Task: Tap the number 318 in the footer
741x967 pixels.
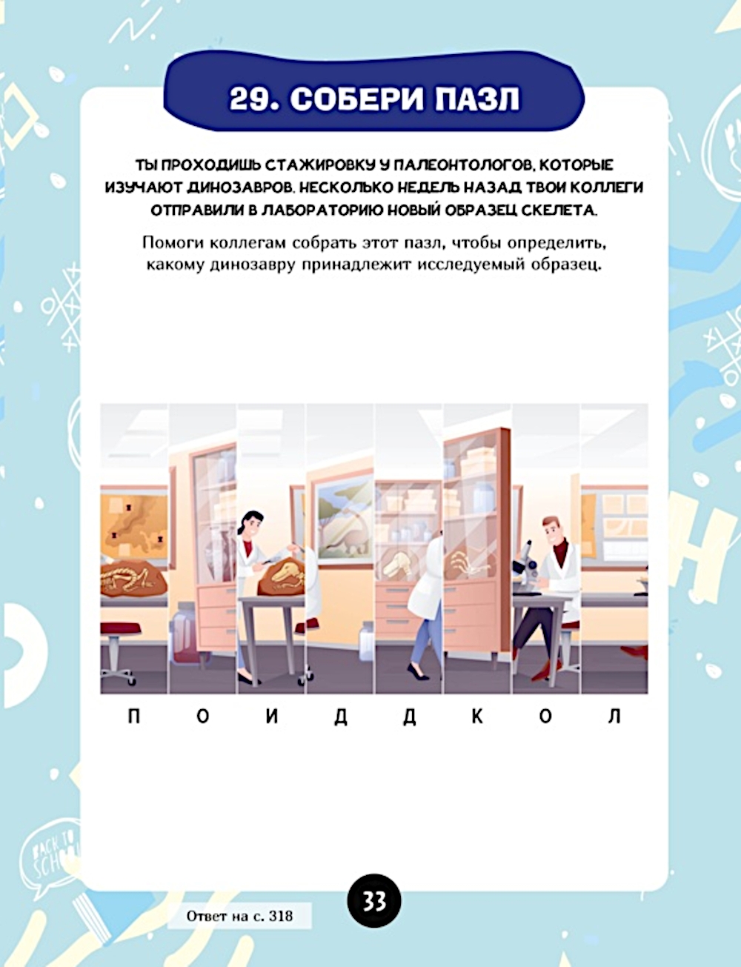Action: (281, 917)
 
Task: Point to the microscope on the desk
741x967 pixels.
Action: (525, 565)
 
